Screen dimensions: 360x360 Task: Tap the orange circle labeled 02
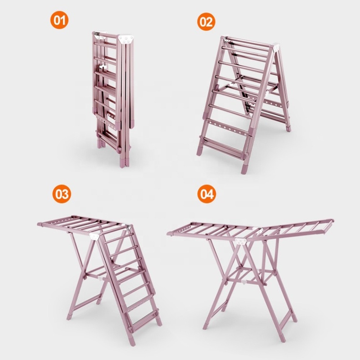(x=206, y=22)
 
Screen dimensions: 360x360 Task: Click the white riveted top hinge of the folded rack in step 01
(x=125, y=39)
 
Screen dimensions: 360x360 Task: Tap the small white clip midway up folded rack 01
(x=102, y=67)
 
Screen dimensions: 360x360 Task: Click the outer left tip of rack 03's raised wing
(x=39, y=224)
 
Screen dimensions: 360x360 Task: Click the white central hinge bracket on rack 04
(x=240, y=241)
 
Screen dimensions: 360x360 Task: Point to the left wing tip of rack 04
(x=170, y=234)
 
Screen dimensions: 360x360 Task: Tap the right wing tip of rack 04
(x=332, y=221)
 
